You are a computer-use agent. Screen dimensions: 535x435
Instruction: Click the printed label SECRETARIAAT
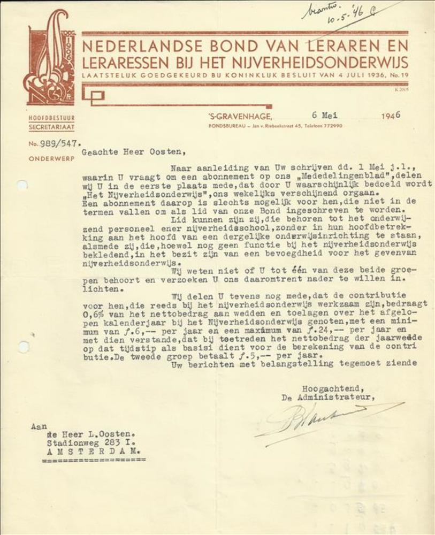pos(52,127)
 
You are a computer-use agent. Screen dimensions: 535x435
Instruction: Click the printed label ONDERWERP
pos(51,158)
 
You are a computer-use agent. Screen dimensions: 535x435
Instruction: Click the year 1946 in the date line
pos(391,114)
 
